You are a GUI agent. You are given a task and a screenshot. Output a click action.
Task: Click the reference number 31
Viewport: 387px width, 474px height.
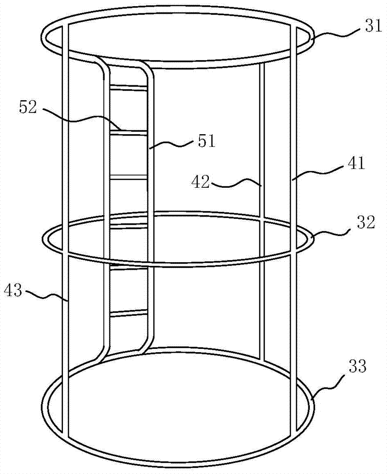coord(373,26)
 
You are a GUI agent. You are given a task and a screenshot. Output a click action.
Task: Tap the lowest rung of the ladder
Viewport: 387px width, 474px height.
coord(128,312)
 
